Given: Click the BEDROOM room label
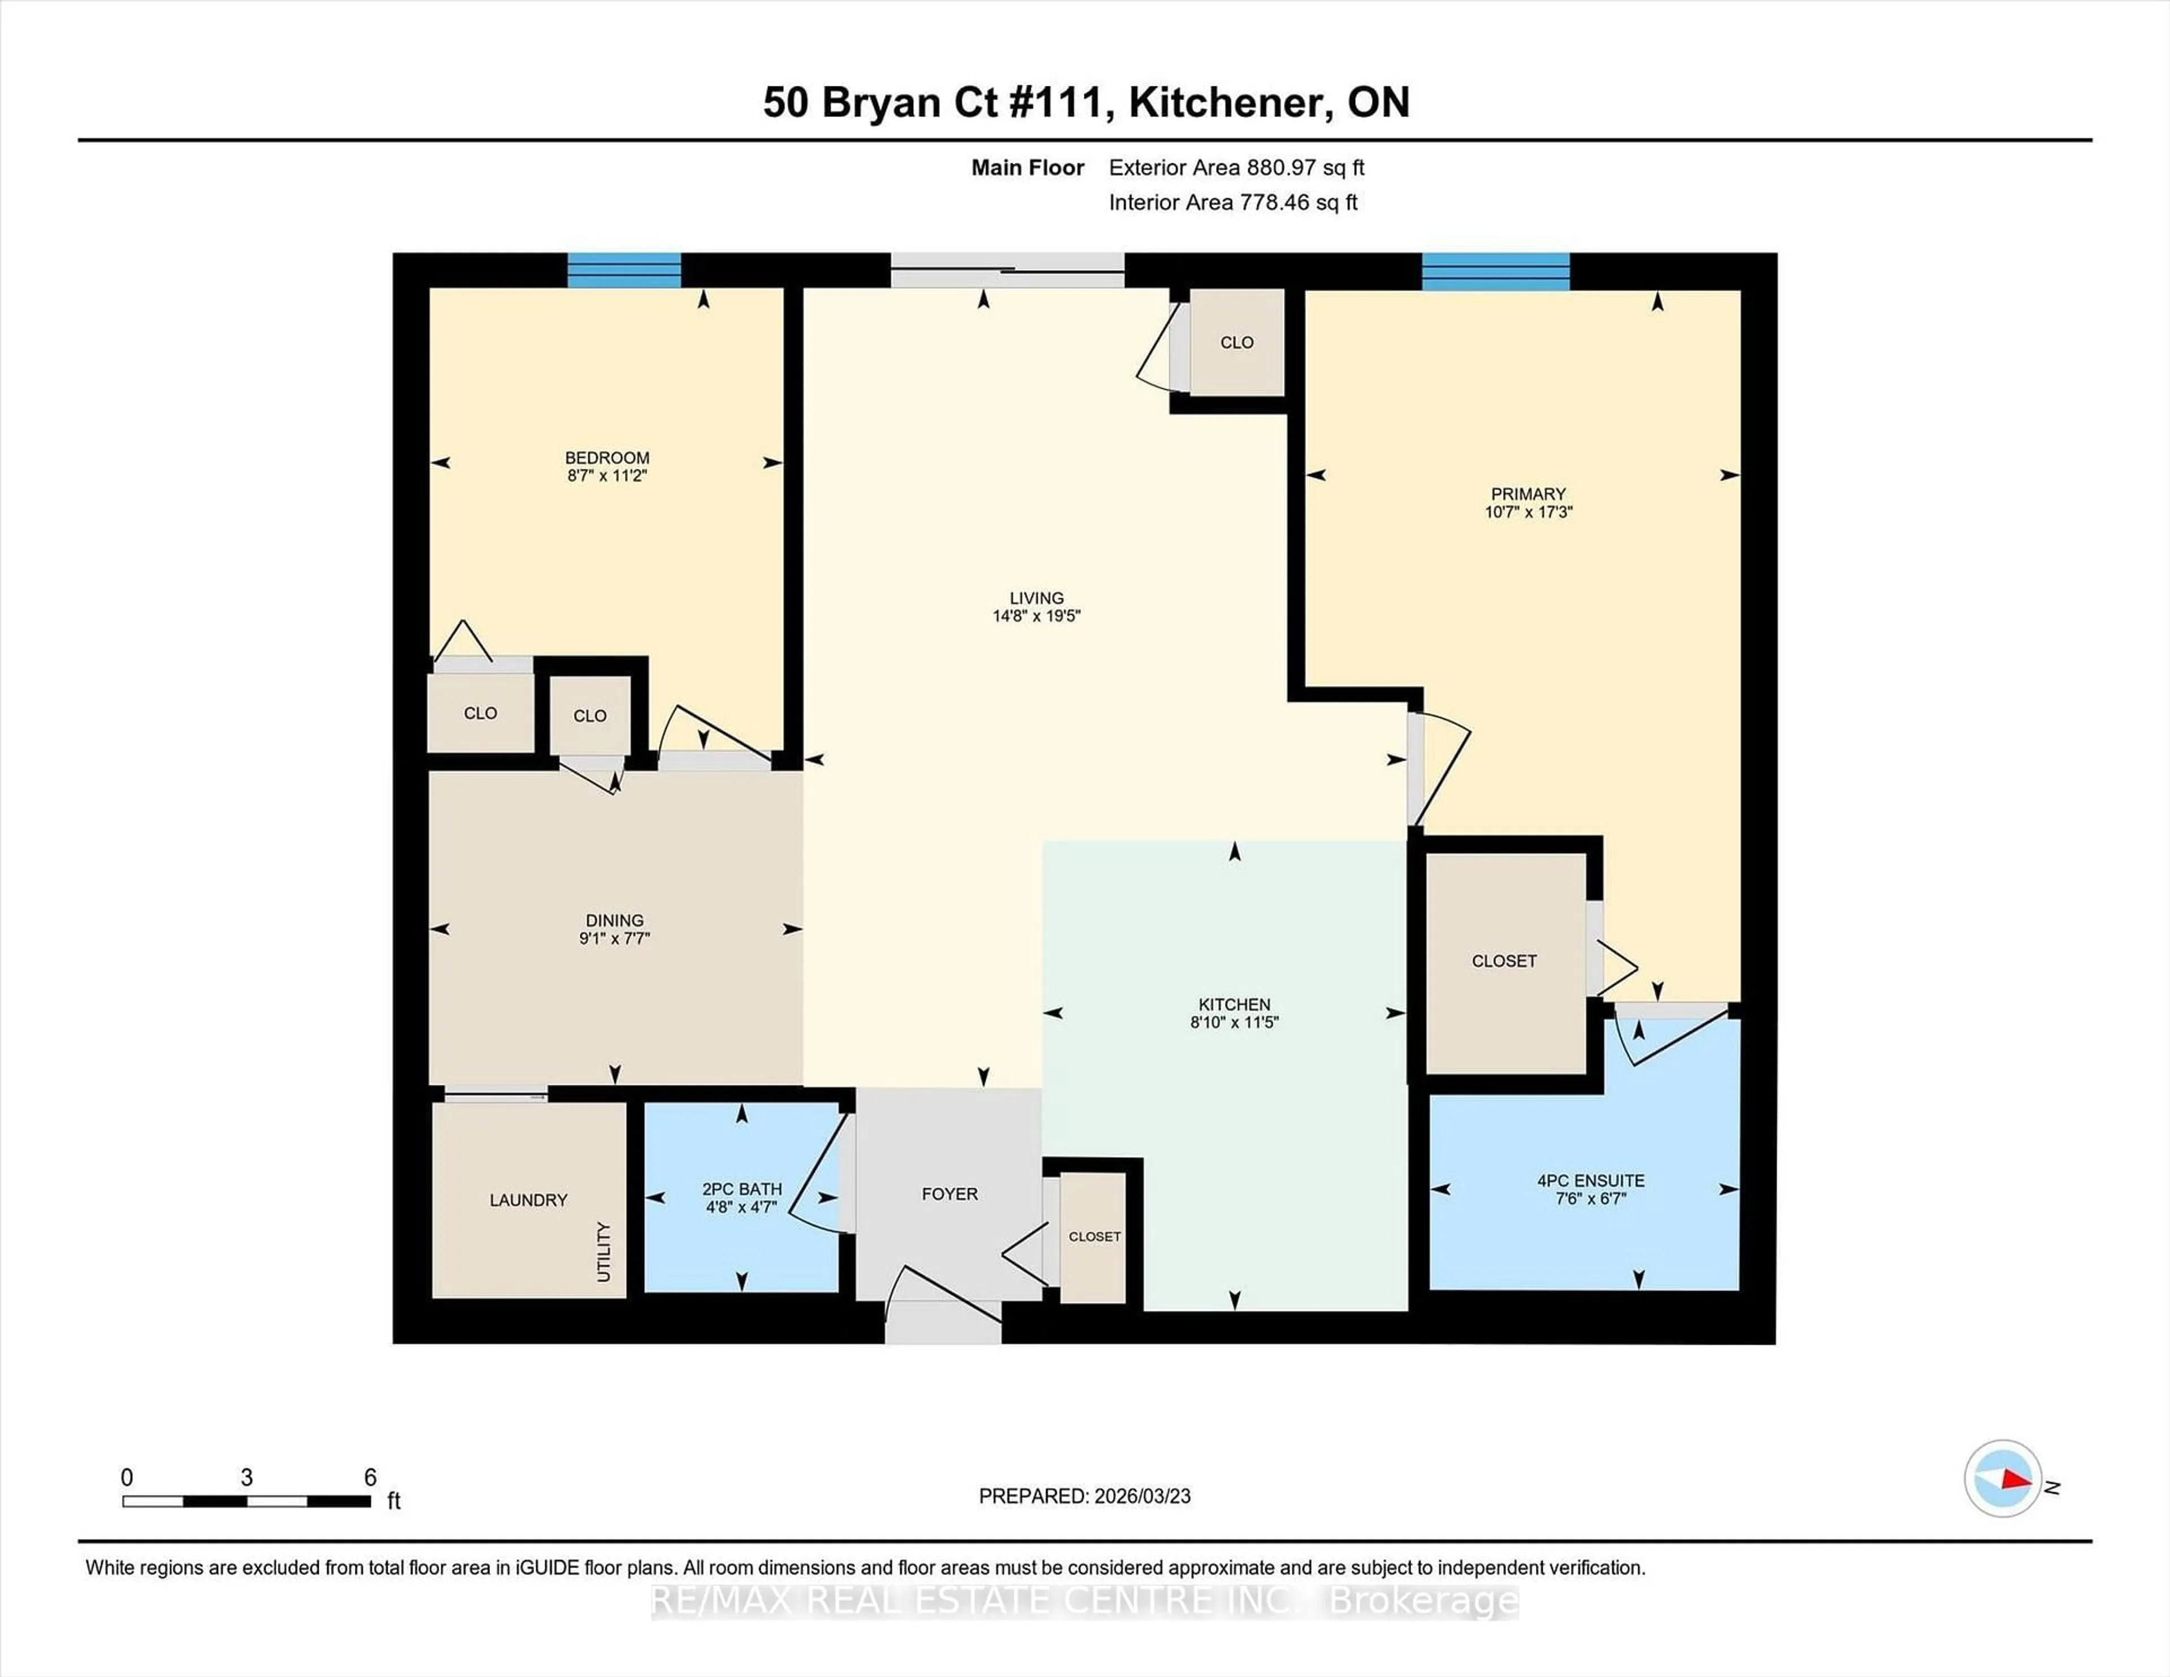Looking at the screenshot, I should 607,458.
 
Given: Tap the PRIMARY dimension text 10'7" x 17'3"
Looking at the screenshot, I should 1528,512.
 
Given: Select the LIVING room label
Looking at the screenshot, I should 1036,598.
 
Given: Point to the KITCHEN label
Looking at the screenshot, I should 1234,1005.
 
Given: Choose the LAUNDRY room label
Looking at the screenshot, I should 528,1200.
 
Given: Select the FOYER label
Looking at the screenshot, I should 949,1194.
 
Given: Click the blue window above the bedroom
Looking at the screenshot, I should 624,270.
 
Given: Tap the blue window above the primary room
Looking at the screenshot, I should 1495,271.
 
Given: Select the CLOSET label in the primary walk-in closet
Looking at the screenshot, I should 1503,961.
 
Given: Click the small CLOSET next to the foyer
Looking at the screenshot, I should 1094,1237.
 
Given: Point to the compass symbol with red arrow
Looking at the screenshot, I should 2002,1478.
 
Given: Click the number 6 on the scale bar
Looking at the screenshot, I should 370,1478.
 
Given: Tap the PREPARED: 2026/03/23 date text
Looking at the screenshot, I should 1084,1496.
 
